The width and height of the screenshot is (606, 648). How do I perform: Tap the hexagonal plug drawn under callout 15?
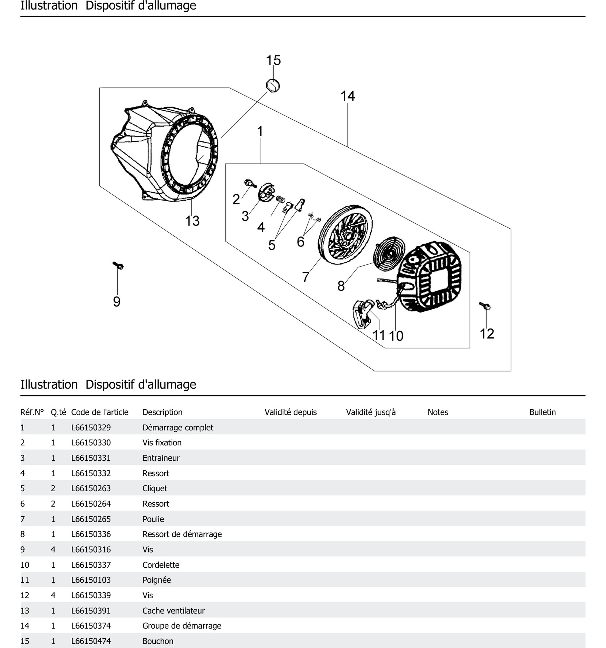[273, 86]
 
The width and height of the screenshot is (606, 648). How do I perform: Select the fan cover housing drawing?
[165, 153]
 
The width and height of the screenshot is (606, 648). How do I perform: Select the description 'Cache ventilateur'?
[174, 610]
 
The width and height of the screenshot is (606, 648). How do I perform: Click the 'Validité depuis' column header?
[290, 412]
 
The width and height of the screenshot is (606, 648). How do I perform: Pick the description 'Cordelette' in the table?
[161, 565]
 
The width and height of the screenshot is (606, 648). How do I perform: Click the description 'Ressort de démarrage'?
[182, 534]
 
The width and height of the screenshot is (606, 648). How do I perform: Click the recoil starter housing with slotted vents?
[431, 277]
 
